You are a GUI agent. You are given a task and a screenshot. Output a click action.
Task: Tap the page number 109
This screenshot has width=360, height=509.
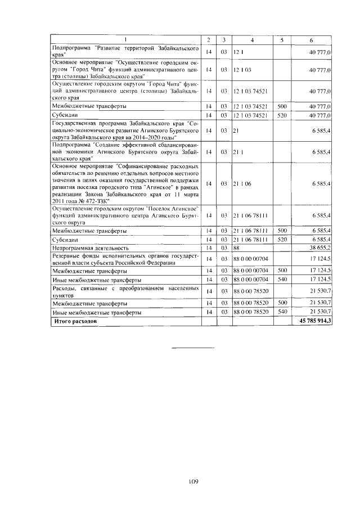point(191,481)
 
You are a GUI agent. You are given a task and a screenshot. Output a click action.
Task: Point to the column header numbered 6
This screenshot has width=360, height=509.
point(311,39)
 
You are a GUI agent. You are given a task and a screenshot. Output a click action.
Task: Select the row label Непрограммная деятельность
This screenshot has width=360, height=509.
point(90,247)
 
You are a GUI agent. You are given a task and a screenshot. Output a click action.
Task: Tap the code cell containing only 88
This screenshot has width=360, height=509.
point(237,247)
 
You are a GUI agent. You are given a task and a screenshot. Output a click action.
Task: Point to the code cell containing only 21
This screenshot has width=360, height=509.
point(236,130)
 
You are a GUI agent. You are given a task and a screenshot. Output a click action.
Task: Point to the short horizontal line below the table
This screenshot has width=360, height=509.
point(192,349)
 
